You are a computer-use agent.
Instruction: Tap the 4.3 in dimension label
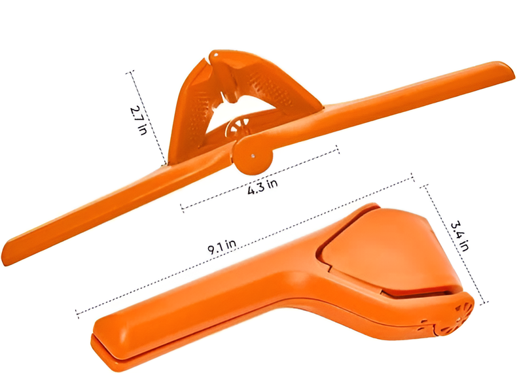262,187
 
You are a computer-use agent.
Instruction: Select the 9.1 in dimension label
223,246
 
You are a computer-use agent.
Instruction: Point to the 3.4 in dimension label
459,236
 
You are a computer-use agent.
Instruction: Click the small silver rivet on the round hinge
253,156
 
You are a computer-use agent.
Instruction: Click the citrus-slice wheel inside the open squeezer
237,128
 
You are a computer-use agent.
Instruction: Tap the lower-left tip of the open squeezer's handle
5,258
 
